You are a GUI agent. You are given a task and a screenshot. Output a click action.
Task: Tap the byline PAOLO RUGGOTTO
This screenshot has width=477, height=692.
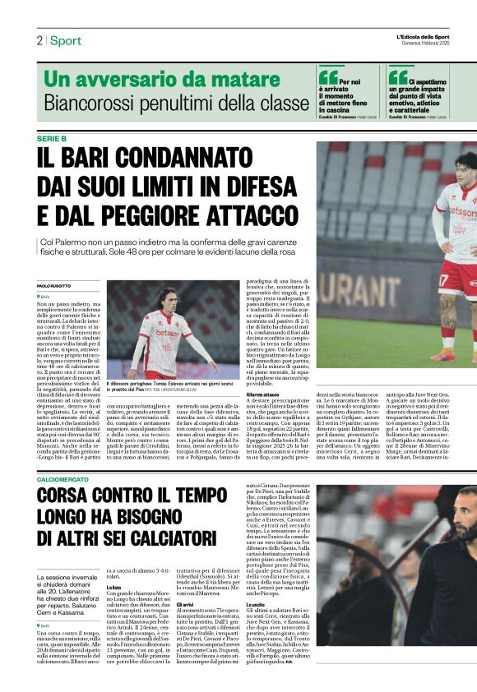(55, 285)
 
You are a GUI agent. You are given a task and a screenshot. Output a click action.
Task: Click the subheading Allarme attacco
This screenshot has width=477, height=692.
(262, 395)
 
